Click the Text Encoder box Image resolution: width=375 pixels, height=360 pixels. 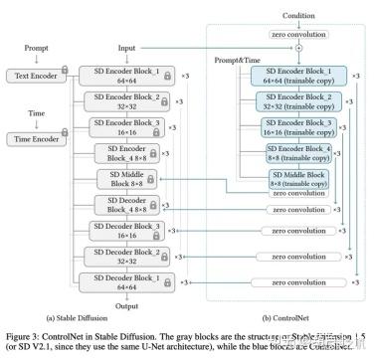click(35, 76)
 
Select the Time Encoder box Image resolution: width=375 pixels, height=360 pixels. click(35, 137)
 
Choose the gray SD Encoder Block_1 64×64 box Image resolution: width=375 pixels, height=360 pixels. click(125, 77)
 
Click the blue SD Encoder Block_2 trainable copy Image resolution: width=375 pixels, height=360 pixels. click(294, 102)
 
